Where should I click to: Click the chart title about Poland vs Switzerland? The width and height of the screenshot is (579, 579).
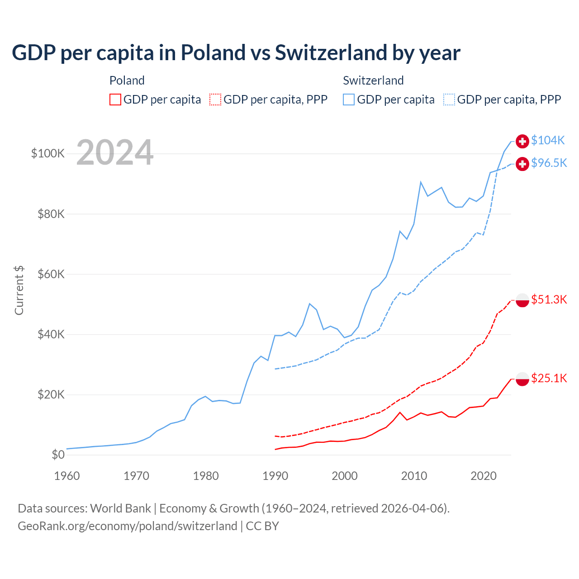pos(236,53)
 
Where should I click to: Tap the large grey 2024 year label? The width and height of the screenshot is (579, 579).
pos(115,152)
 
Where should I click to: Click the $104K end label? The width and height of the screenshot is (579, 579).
pos(548,141)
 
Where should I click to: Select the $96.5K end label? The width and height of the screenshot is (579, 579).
pos(549,163)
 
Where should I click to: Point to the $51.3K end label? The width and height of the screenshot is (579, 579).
pos(549,300)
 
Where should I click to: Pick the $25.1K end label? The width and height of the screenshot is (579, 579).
pos(549,379)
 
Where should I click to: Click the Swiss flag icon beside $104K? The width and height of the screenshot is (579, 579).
pos(522,141)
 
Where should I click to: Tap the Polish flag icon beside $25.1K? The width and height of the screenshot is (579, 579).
pos(522,379)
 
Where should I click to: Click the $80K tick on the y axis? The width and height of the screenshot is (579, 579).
pos(51,214)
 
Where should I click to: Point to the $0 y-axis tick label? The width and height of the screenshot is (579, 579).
pos(58,455)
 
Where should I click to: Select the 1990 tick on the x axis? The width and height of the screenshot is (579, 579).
pos(275,476)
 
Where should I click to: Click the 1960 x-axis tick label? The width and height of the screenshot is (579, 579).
pos(67,476)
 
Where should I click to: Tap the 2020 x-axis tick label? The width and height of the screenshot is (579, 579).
pos(484,476)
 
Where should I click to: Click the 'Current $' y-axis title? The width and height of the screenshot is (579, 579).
pos(19,290)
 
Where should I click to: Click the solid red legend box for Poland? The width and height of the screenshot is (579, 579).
pos(115,100)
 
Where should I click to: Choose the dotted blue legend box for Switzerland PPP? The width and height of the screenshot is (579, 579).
pos(449,100)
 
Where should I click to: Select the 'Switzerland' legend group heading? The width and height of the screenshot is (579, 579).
pos(373,81)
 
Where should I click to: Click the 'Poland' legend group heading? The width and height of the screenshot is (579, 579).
pos(127,81)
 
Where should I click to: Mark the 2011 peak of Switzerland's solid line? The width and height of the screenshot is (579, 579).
pos(421,182)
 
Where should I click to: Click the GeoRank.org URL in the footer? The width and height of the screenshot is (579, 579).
pos(128,526)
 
